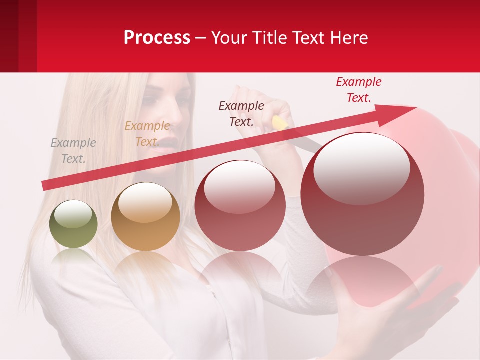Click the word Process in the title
(x=157, y=38)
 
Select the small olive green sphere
(x=73, y=224)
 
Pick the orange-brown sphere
(x=145, y=217)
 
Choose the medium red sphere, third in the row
(x=240, y=205)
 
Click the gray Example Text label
(x=73, y=151)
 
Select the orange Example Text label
(x=147, y=134)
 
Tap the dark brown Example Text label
(x=241, y=113)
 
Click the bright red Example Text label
(x=358, y=90)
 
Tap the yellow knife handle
(x=280, y=123)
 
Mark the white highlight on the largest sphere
(x=361, y=168)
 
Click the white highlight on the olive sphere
(x=73, y=214)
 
